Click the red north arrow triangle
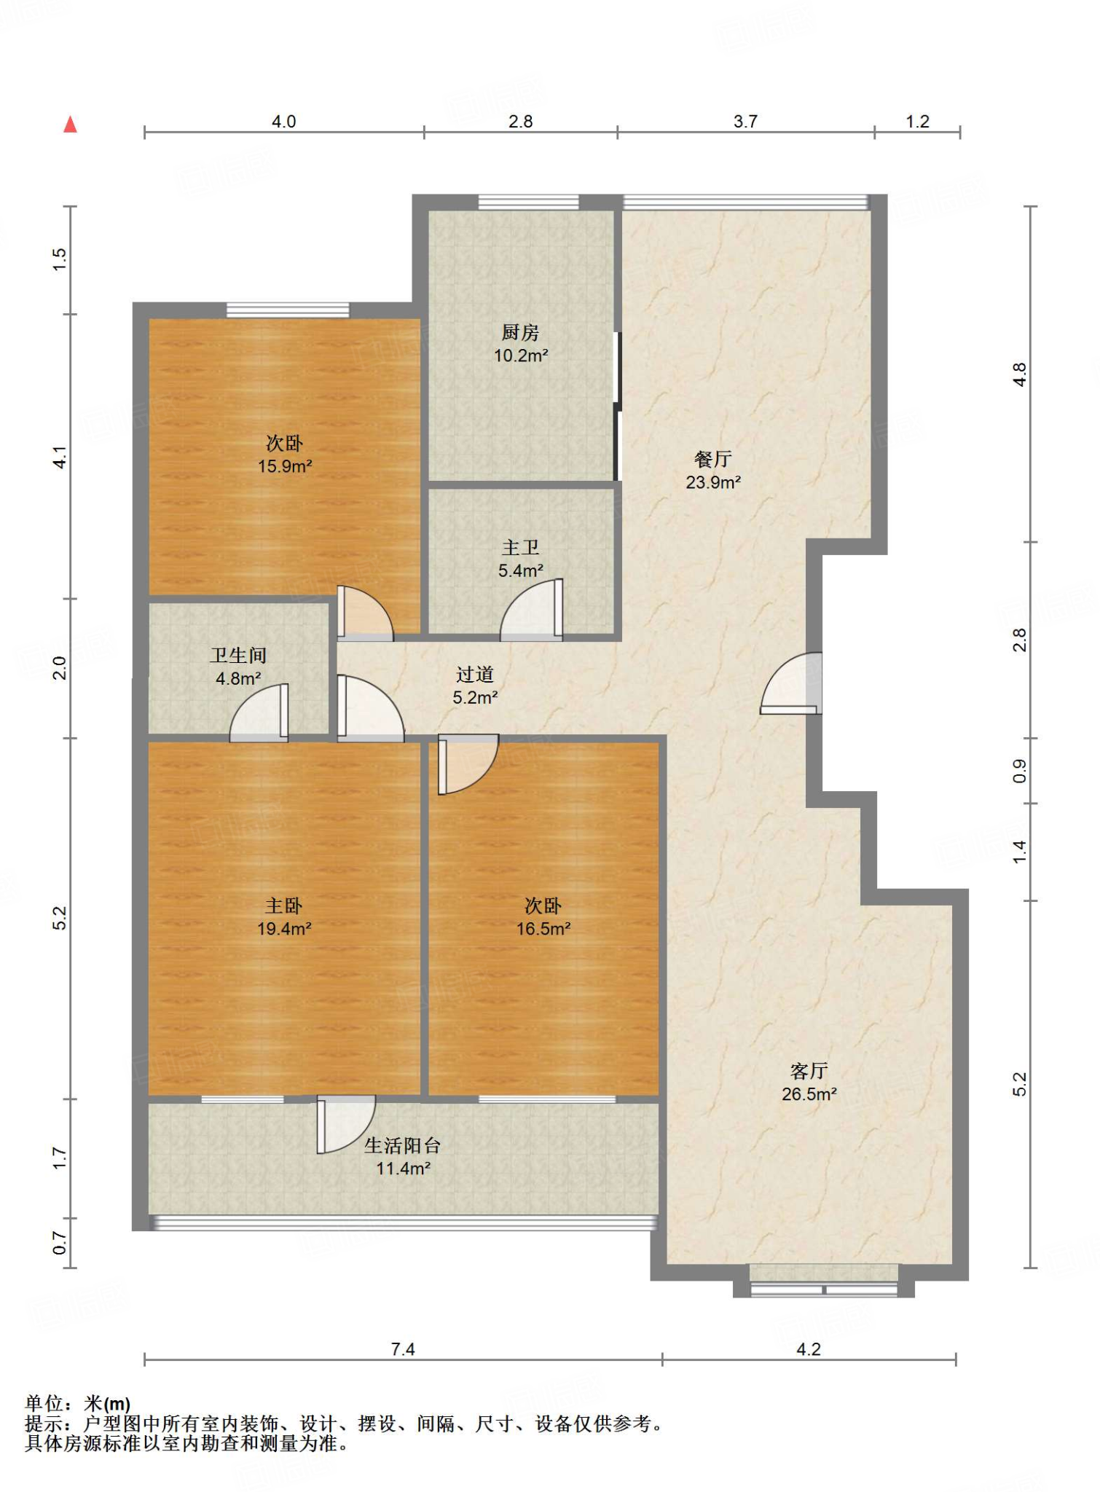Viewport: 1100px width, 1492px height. (70, 125)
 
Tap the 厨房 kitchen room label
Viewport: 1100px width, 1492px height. (520, 332)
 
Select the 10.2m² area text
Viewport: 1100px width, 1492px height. (521, 356)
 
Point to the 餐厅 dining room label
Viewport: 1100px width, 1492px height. (712, 459)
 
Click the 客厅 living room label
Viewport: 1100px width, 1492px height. (809, 1071)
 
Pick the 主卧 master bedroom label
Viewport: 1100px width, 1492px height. (283, 906)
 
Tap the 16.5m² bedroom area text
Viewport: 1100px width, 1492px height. (543, 929)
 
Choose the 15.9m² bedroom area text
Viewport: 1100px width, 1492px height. (285, 466)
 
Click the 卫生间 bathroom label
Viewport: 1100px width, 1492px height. (238, 655)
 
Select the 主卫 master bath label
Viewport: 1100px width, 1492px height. (520, 547)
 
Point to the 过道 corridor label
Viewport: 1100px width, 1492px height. (475, 675)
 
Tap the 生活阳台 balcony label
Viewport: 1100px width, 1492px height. (403, 1145)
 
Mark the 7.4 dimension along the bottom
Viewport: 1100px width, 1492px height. (403, 1349)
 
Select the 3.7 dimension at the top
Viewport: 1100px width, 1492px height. (745, 122)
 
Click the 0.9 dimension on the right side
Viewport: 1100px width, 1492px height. (1020, 771)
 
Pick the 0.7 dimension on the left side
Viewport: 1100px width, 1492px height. (60, 1243)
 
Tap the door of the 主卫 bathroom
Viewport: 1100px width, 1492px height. (531, 610)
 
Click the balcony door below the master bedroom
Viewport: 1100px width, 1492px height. (346, 1125)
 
